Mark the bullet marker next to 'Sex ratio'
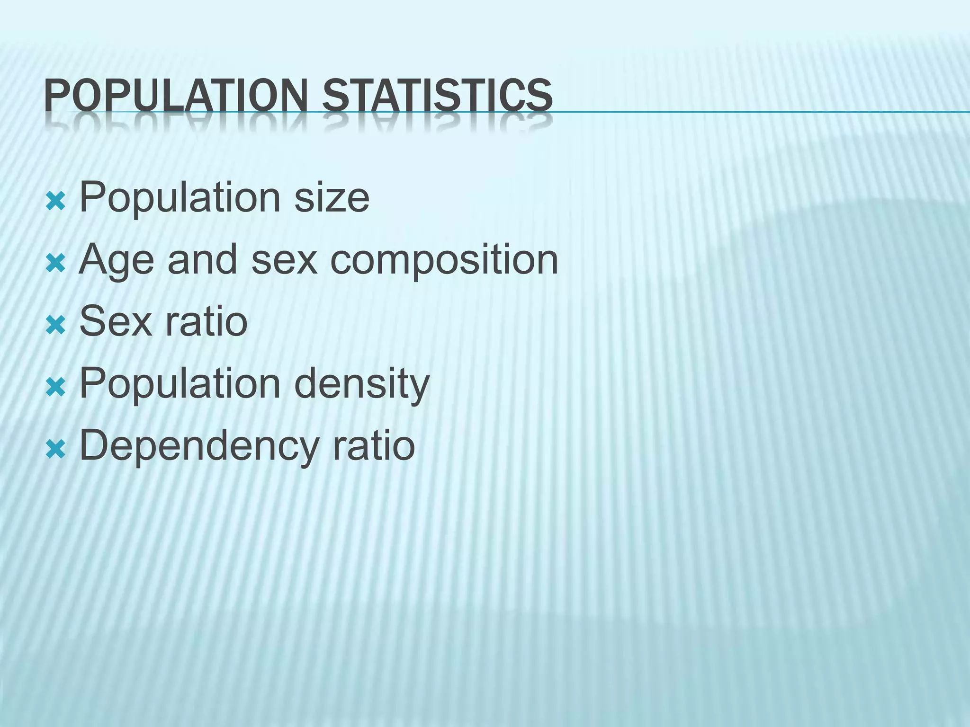click(55, 326)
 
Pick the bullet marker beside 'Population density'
click(55, 388)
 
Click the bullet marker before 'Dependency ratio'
click(55, 450)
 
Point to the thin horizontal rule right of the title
click(758, 112)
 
